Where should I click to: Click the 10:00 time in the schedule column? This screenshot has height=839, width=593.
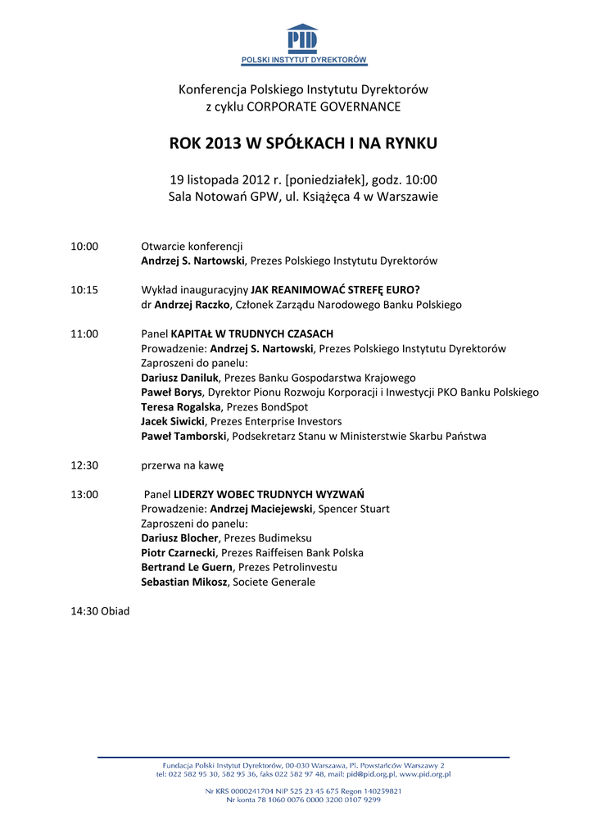click(84, 246)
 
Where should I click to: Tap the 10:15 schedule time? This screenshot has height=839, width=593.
click(84, 290)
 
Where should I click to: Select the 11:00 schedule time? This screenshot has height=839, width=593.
click(84, 334)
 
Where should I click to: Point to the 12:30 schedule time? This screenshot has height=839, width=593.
click(84, 465)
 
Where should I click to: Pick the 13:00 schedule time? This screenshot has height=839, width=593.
click(84, 495)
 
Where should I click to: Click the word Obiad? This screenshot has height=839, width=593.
click(115, 611)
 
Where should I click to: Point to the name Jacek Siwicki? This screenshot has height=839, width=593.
click(173, 422)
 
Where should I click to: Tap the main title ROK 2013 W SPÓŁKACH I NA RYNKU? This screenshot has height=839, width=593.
click(303, 143)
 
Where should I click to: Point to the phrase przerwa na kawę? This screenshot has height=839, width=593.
click(183, 465)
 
